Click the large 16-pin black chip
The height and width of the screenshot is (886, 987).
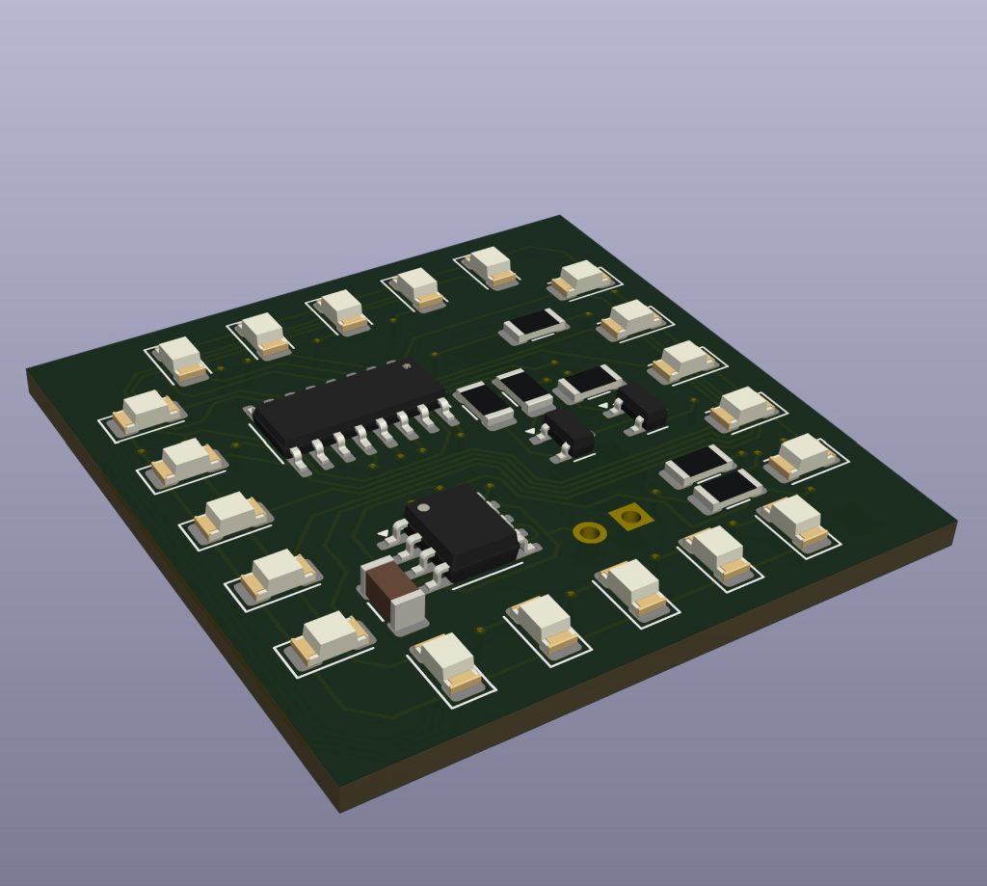[x=347, y=405]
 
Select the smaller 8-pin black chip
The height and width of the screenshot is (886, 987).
[x=460, y=530]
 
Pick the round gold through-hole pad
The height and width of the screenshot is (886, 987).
[x=587, y=531]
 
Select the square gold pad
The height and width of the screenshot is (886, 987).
[x=631, y=518]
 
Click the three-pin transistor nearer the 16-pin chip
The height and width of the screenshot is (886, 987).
[x=570, y=431]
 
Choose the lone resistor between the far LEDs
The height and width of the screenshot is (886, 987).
[x=533, y=325]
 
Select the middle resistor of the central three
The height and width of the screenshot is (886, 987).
[x=524, y=389]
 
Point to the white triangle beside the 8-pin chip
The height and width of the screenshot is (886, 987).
[x=385, y=533]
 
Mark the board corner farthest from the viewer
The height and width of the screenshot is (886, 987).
[x=560, y=217]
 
